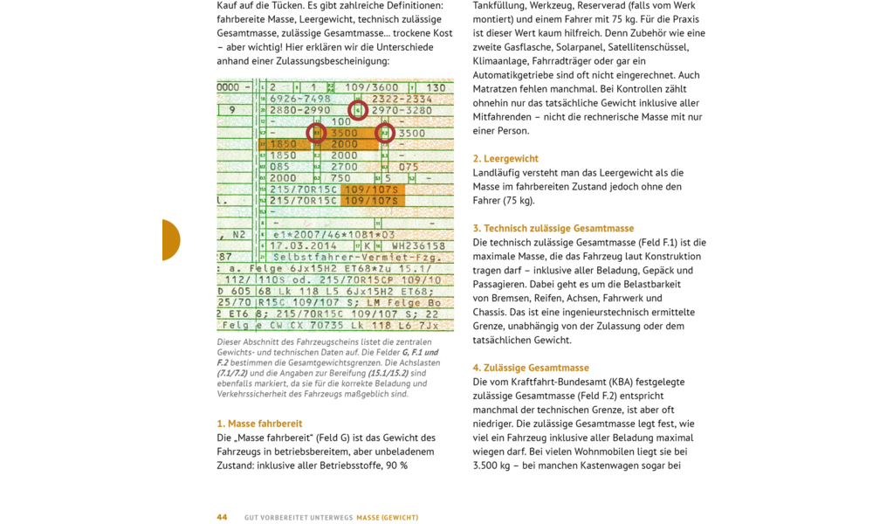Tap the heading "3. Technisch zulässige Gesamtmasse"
pos(553,229)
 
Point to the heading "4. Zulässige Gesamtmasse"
pos(530,368)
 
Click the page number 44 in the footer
pos(222,517)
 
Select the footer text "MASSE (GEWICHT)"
pos(387,517)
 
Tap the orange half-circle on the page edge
pos(171,240)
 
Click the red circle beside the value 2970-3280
pos(358,111)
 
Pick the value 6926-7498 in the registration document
pos(299,100)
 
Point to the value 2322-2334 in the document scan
pos(402,100)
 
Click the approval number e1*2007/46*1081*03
pos(333,235)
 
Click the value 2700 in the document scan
pos(344,167)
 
